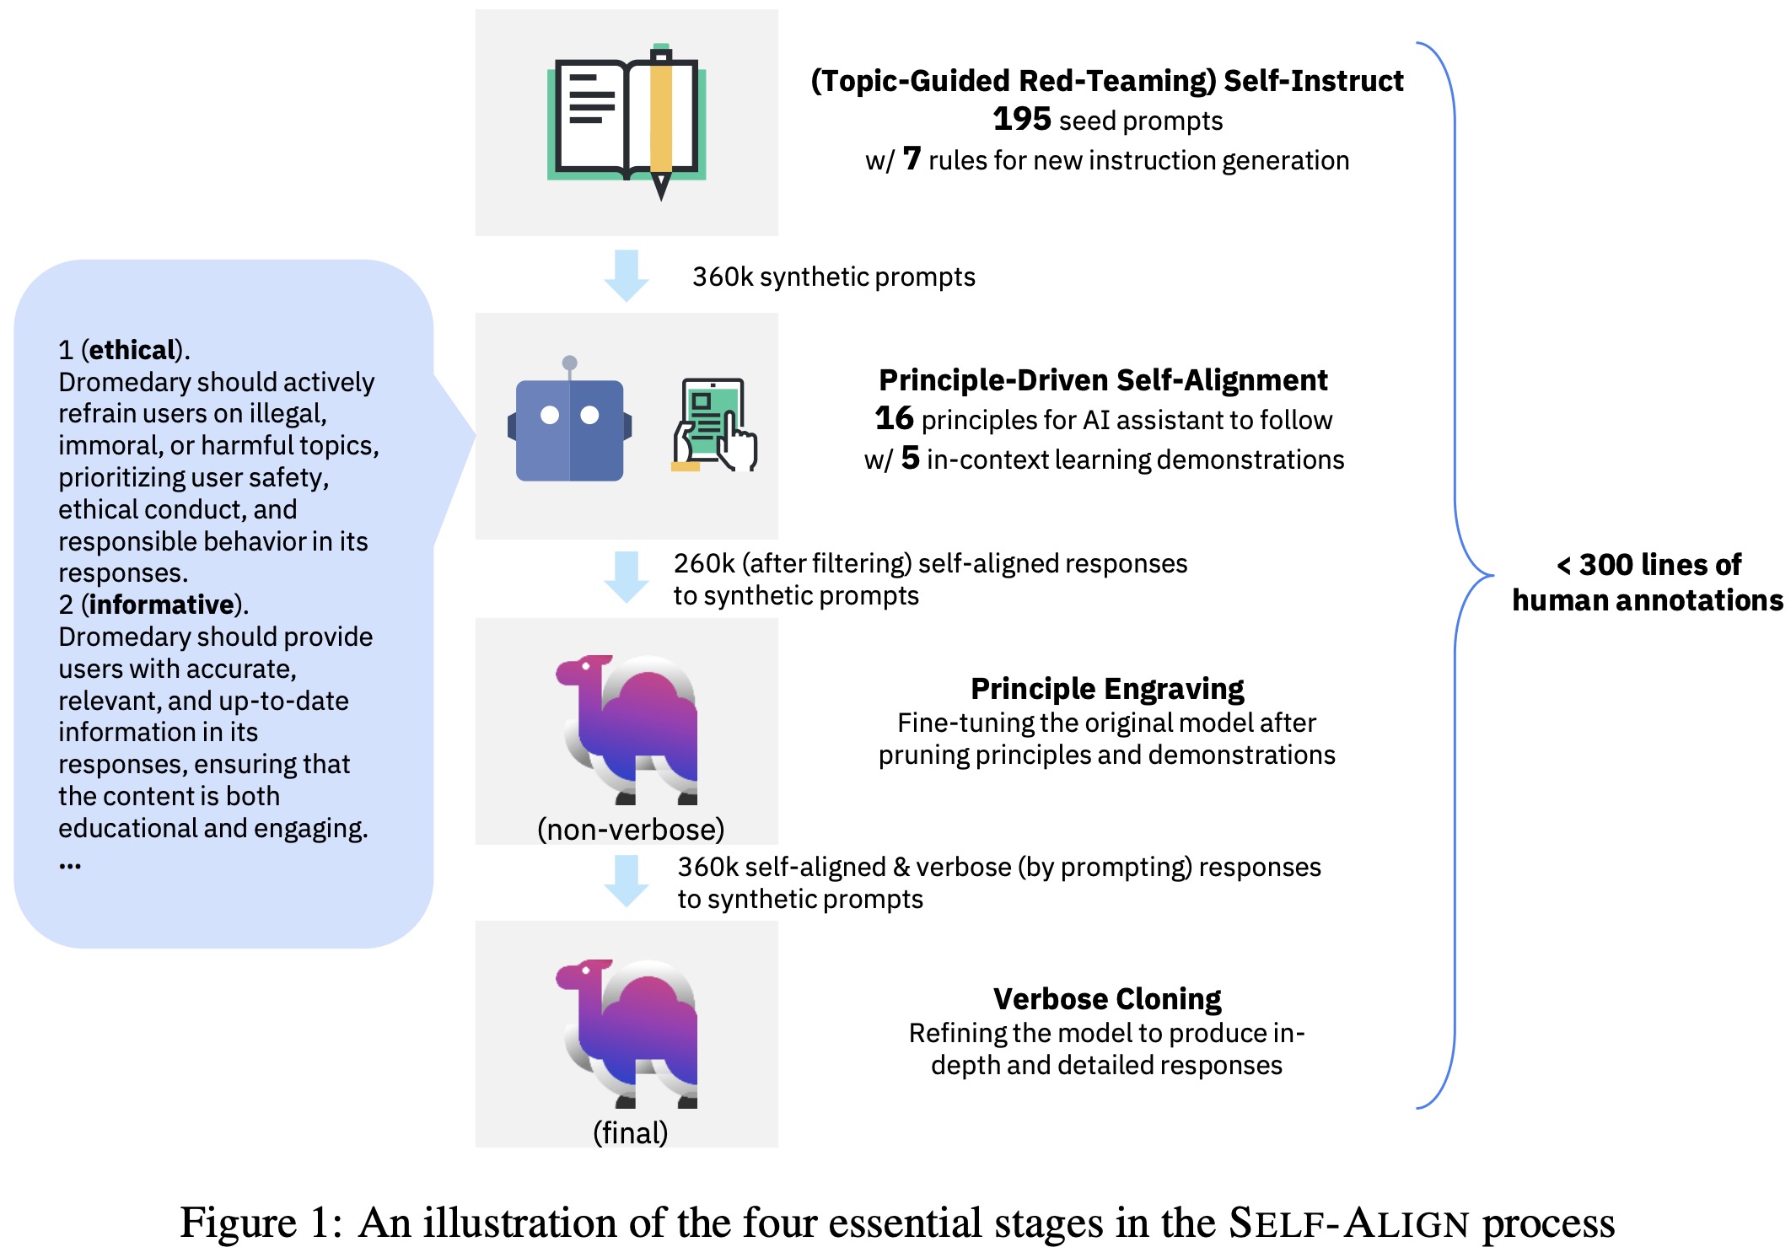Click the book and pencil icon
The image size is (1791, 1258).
coord(627,118)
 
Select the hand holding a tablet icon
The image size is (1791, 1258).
coord(714,425)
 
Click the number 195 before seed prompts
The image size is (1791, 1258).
coord(1021,120)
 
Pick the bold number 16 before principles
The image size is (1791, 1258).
coord(894,418)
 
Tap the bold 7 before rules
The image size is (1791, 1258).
coord(912,159)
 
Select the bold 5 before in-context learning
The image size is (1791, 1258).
coord(910,458)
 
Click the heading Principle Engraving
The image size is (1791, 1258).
coord(1106,689)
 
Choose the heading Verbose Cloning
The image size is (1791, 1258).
coord(1106,999)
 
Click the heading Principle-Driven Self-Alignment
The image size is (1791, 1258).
coord(1103,380)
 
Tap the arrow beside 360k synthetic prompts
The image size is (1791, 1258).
coord(626,275)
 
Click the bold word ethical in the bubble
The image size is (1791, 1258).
coord(132,350)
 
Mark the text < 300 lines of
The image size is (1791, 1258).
coord(1648,564)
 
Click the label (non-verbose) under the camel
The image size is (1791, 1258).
coord(631,830)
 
